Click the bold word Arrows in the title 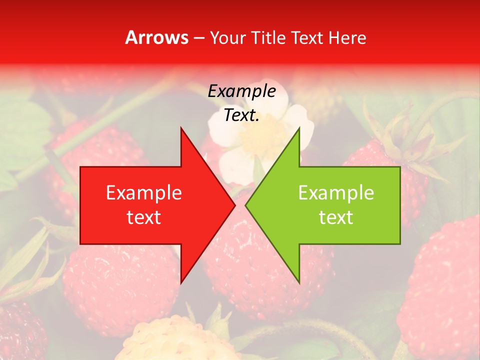pos(156,37)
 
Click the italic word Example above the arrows pos(241,91)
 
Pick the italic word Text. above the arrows pos(241,115)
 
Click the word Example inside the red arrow pos(144,193)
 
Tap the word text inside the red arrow pos(144,217)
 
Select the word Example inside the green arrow pos(336,193)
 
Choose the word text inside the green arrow pos(336,217)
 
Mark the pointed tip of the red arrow pos(234,205)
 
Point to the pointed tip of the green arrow pos(246,205)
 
